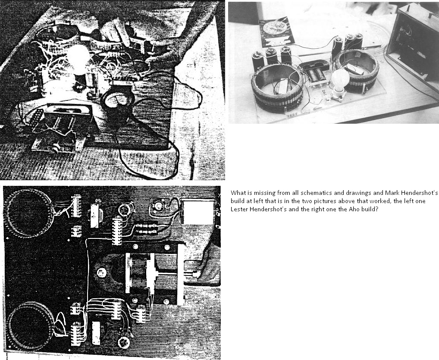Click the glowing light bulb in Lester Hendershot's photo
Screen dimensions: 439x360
click(78, 59)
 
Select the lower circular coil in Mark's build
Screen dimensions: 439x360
click(29, 325)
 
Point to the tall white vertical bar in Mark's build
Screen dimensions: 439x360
click(181, 274)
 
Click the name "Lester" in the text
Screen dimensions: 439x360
click(238, 209)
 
